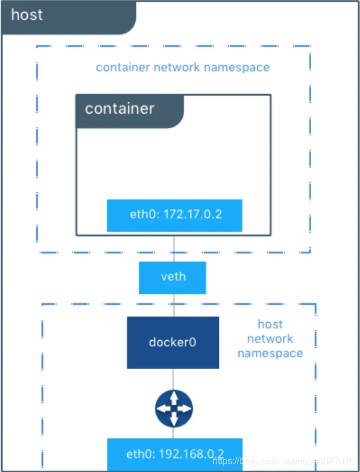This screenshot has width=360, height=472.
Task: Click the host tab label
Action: (x=27, y=15)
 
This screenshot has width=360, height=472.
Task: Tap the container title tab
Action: (x=120, y=109)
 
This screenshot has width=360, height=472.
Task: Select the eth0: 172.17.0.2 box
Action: (x=174, y=215)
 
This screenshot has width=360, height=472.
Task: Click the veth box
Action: (x=172, y=276)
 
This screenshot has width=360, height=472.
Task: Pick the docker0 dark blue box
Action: (x=172, y=342)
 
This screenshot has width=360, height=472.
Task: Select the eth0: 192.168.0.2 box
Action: (x=174, y=455)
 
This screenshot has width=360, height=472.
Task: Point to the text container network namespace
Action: (x=182, y=67)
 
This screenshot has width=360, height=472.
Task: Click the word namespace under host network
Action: (x=270, y=353)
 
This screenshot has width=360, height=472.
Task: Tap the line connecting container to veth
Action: (x=173, y=248)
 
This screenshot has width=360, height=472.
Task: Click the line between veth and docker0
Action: (x=173, y=305)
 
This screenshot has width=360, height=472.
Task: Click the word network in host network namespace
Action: (x=270, y=338)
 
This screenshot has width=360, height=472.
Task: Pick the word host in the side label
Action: (x=270, y=324)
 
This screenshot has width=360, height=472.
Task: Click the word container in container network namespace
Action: (x=123, y=67)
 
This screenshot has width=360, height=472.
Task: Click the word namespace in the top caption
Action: (x=239, y=67)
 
